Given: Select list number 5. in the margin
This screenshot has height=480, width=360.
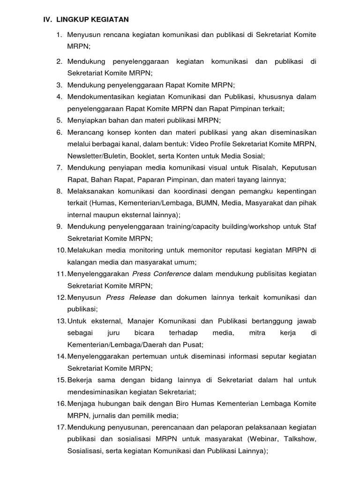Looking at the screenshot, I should click(60, 120).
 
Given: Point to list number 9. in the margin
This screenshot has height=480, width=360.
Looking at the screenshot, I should click(60, 226).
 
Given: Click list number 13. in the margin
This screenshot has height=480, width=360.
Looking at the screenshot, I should click(61, 321).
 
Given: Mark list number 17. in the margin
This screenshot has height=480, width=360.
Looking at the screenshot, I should click(61, 427).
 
